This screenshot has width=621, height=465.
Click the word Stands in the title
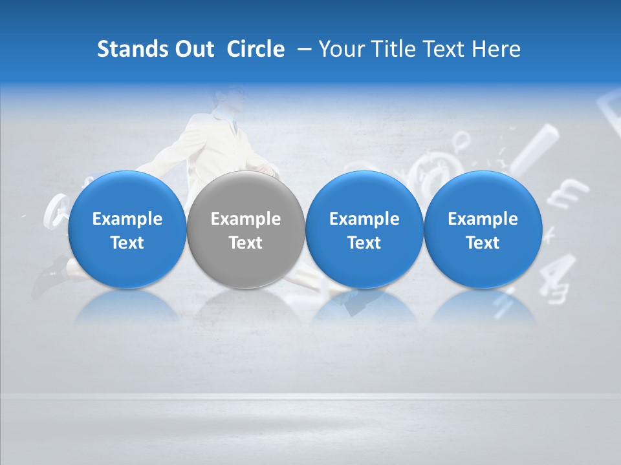(124, 49)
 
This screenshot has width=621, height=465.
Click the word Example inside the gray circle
(245, 219)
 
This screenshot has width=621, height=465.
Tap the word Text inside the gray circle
(245, 243)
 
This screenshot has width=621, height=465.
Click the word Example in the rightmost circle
(483, 219)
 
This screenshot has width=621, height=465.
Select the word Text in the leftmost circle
(127, 243)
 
